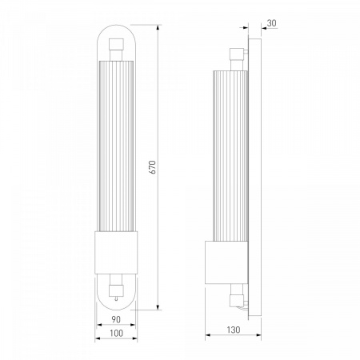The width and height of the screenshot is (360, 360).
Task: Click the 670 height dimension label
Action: (153, 167)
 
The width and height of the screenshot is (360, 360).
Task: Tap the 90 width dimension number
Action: (116, 319)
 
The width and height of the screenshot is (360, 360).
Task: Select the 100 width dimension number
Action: (116, 333)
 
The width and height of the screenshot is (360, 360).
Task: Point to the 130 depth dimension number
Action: (234, 330)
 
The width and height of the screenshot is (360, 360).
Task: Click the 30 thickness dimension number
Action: (271, 23)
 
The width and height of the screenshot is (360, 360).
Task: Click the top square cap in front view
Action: (116, 44)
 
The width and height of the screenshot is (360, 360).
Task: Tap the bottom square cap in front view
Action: (116, 290)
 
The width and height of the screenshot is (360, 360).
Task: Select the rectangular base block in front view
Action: (116, 253)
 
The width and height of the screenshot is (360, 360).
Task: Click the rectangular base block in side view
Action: (226, 262)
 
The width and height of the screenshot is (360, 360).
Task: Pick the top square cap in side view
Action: (237, 54)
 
